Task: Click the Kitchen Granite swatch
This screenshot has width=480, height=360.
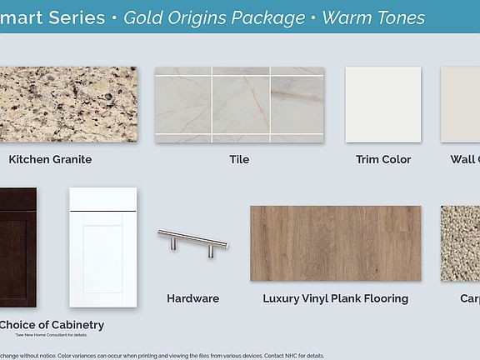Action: point(68,104)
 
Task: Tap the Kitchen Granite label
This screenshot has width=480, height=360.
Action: point(50,159)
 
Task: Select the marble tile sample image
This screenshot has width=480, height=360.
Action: point(239,104)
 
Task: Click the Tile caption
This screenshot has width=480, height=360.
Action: point(239,159)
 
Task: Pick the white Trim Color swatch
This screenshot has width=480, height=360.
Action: point(383,104)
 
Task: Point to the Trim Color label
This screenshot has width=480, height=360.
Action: point(383,159)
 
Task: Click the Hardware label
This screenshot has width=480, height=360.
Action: point(193,298)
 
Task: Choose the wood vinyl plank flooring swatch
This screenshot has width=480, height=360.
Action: point(335,243)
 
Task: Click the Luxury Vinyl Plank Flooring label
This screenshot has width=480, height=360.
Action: point(335,298)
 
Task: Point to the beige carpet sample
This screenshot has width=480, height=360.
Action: point(460,243)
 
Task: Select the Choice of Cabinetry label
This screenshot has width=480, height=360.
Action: point(52,324)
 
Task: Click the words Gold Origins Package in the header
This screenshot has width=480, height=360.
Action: point(214,17)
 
